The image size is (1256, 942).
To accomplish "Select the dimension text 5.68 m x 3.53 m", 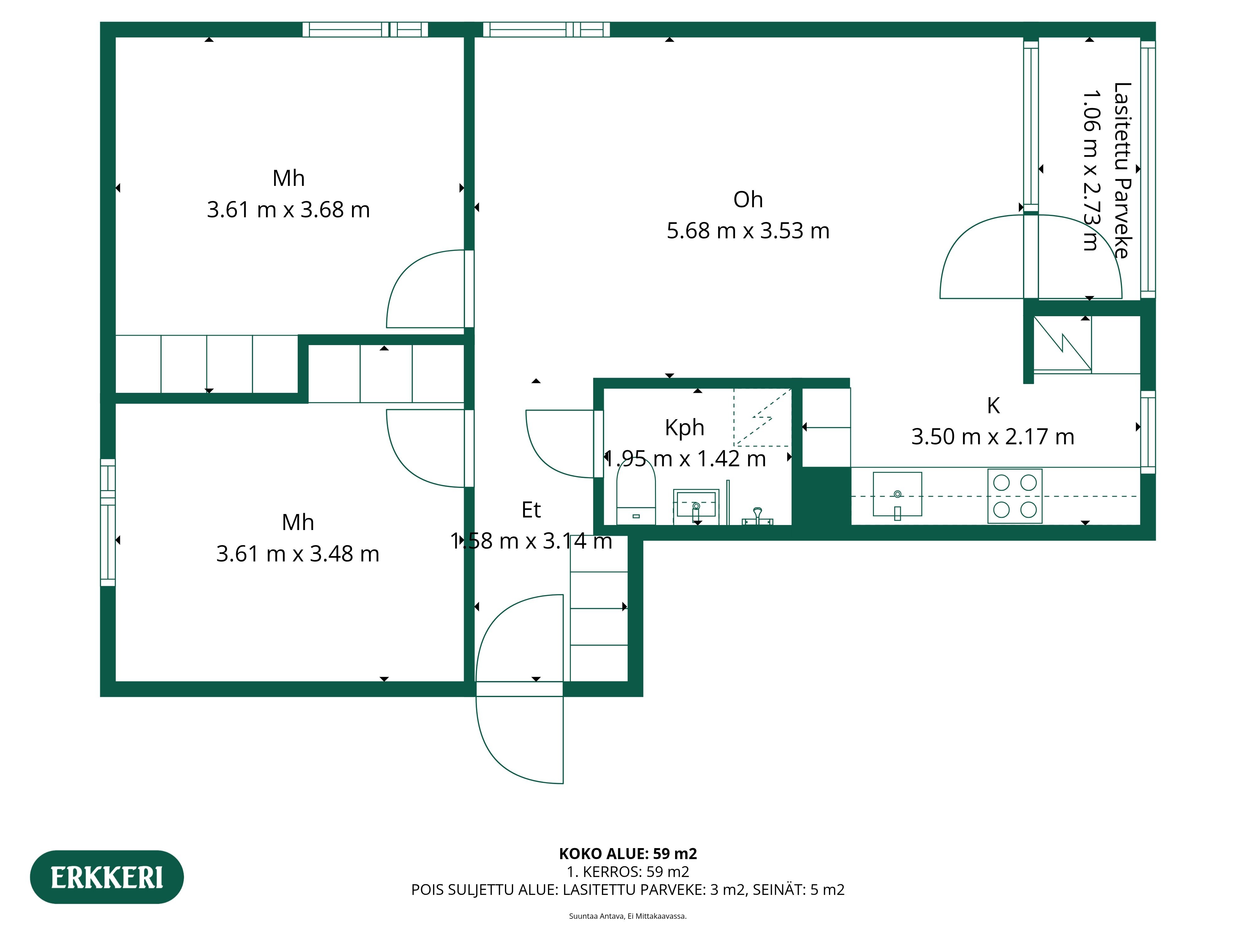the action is tap(748, 230).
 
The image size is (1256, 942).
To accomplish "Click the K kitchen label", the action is tap(993, 405).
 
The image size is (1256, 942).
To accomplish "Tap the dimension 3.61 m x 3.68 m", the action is tap(289, 209).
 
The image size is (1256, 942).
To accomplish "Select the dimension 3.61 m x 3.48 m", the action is tap(298, 554).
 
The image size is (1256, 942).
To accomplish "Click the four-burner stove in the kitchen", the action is tap(1015, 496).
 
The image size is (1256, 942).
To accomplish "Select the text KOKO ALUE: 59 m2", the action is tap(628, 853).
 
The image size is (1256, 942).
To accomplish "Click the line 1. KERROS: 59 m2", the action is tap(628, 872).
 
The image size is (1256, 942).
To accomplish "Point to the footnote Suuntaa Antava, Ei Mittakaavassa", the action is tap(628, 916).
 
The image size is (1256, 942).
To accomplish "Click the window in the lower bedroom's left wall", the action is tap(108, 522).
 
